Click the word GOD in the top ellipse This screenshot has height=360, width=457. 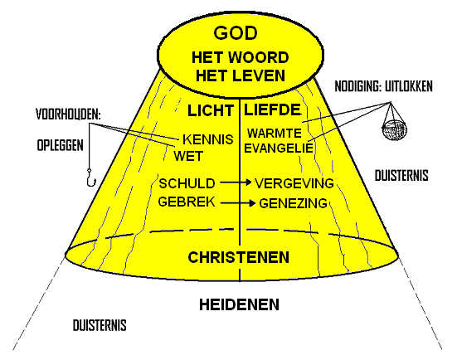[x=236, y=33]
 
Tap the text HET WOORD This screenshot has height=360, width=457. [x=241, y=57]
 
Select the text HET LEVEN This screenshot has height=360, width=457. [x=241, y=75]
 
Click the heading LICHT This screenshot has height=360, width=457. [x=211, y=111]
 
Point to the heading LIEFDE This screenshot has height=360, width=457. [x=272, y=109]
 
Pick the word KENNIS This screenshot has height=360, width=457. [x=208, y=139]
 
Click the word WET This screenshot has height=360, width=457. [x=188, y=156]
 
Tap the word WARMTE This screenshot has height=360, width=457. [x=275, y=134]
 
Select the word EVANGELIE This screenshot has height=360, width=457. [x=279, y=148]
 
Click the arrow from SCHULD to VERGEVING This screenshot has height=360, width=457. [x=236, y=182]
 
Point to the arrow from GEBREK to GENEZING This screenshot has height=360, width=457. [x=238, y=203]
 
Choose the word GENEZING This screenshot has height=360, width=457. [x=293, y=203]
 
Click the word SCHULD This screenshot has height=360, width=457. [x=187, y=183]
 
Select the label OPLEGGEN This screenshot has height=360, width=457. [x=61, y=145]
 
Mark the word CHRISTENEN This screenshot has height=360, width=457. [x=238, y=257]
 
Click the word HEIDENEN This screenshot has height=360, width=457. [x=240, y=304]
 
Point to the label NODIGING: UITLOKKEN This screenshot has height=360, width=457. [x=383, y=86]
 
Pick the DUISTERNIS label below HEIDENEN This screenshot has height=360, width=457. [x=100, y=325]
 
